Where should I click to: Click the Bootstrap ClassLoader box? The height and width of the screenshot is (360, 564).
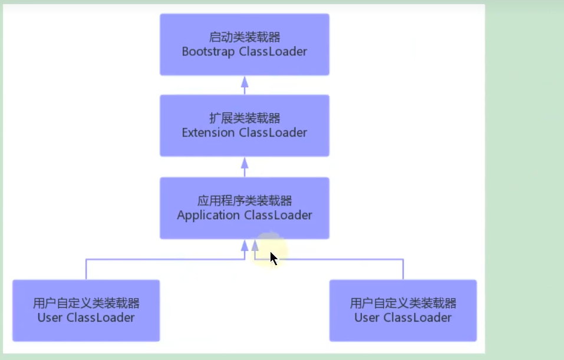pyautogui.click(x=244, y=44)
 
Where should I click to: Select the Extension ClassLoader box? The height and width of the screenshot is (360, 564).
pyautogui.click(x=244, y=125)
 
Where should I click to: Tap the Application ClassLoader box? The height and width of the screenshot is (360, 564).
pyautogui.click(x=244, y=208)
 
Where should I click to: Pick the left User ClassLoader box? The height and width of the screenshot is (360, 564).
pyautogui.click(x=86, y=311)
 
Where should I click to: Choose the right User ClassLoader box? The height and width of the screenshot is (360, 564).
pyautogui.click(x=403, y=311)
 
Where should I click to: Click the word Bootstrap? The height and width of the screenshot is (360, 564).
pyautogui.click(x=209, y=52)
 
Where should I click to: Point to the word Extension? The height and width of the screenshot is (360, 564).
pyautogui.click(x=208, y=133)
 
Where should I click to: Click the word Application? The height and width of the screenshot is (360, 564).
pyautogui.click(x=209, y=215)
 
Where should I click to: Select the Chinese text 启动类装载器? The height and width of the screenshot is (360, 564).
pyautogui.click(x=244, y=38)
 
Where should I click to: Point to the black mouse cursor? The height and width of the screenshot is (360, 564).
pyautogui.click(x=273, y=257)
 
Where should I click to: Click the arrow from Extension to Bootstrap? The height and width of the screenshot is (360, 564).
pyautogui.click(x=245, y=85)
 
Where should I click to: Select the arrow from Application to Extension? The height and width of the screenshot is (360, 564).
pyautogui.click(x=245, y=167)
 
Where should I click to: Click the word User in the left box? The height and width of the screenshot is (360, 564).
pyautogui.click(x=51, y=318)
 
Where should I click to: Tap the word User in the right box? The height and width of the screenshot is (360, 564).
pyautogui.click(x=367, y=318)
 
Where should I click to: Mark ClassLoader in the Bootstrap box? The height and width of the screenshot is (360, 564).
pyautogui.click(x=273, y=52)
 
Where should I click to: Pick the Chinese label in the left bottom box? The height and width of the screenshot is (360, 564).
pyautogui.click(x=86, y=304)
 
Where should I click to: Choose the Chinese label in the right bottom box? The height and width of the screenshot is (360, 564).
pyautogui.click(x=403, y=304)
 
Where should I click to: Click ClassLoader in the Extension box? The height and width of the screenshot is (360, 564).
pyautogui.click(x=273, y=133)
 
